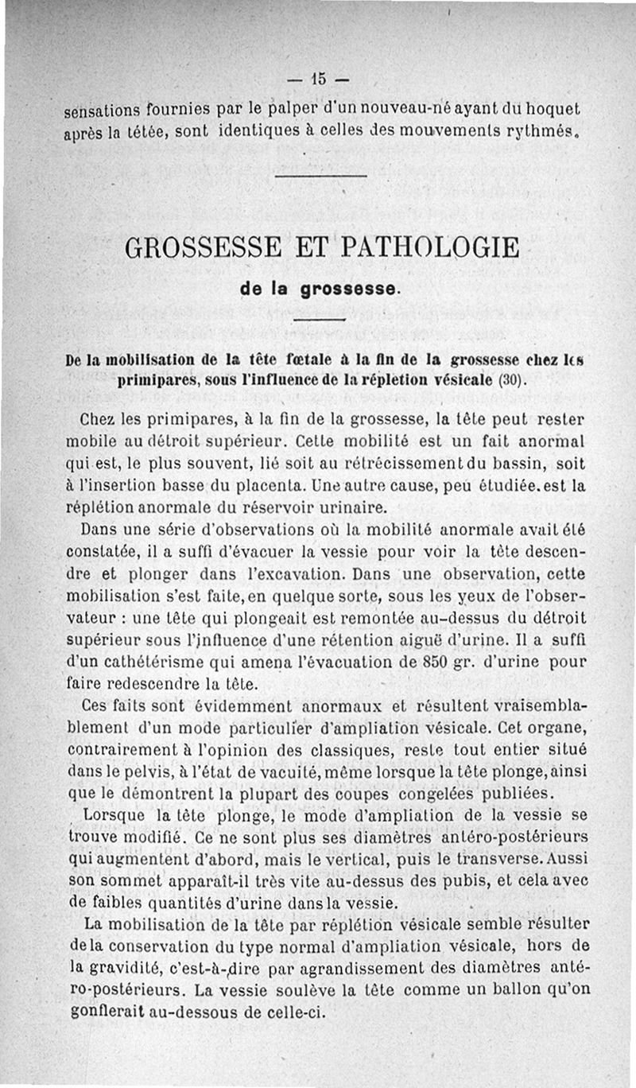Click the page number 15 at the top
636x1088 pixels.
pyautogui.click(x=319, y=79)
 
